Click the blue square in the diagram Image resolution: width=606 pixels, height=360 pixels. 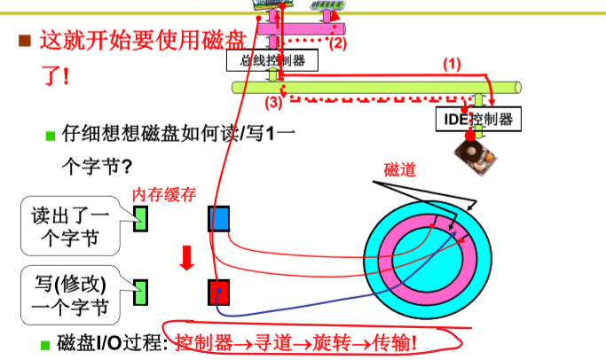tap(219, 218)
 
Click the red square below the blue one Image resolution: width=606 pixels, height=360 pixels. tap(219, 291)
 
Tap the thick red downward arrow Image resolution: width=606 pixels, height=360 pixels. tap(186, 257)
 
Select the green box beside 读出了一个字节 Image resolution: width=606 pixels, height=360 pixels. tap(139, 217)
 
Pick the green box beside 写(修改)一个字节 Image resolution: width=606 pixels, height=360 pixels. tap(139, 289)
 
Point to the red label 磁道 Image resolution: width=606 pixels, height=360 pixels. tap(399, 169)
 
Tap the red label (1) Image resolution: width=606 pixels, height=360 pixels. tap(453, 64)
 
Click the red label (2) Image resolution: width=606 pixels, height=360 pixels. tap(338, 42)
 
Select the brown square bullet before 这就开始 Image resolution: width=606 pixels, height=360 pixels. tap(25, 40)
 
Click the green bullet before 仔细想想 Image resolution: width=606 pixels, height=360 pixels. tap(51, 136)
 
